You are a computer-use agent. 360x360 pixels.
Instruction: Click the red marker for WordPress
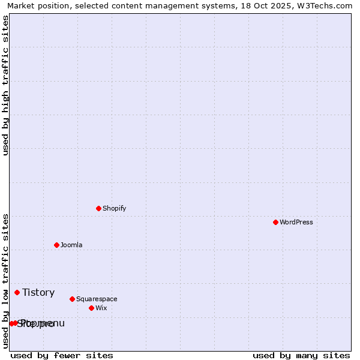[x=275, y=222]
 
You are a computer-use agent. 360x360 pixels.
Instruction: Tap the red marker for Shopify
[x=98, y=208]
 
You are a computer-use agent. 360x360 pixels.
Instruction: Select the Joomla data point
[x=56, y=245]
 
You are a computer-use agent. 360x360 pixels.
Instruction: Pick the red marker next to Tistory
[x=17, y=292]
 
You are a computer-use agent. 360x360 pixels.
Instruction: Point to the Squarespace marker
[x=72, y=299]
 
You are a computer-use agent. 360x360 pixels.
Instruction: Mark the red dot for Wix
[x=91, y=308]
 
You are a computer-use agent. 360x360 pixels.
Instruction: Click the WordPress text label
[x=296, y=222]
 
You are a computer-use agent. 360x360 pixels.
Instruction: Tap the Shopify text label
[x=114, y=208]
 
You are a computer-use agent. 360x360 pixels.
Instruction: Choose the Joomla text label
[x=71, y=245]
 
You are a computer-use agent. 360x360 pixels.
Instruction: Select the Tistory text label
[x=38, y=292]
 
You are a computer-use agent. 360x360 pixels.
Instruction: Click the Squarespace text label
[x=97, y=299]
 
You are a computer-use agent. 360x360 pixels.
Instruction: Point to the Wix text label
[x=101, y=308]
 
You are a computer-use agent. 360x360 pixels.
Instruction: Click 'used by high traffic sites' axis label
[x=5, y=85]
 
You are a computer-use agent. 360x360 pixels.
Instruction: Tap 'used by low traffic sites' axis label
[x=5, y=281]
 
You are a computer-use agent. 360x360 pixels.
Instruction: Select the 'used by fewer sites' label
[x=62, y=355]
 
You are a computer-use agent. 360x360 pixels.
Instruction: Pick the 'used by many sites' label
[x=301, y=355]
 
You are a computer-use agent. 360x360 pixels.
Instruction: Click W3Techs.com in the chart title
[x=324, y=5]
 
